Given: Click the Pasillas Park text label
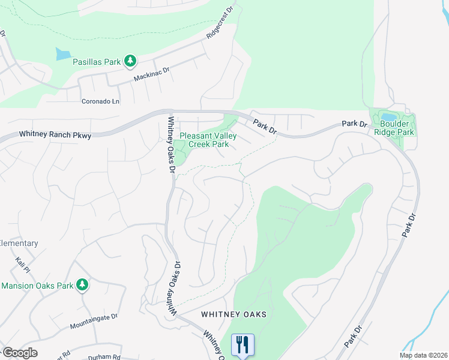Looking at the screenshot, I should (97, 61).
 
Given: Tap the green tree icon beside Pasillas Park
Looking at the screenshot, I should (130, 61).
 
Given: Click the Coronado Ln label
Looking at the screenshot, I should (101, 101).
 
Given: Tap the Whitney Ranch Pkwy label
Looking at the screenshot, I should (55, 136).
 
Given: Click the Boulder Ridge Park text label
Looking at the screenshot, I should (394, 128).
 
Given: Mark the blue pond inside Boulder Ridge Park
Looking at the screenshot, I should (388, 116).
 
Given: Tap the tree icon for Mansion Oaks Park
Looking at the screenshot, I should (82, 285).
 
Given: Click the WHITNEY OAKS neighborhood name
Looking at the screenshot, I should (234, 314).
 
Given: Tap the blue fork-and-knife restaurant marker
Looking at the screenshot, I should (243, 345).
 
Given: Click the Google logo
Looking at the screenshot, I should (19, 353).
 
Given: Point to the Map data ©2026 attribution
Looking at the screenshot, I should (423, 355).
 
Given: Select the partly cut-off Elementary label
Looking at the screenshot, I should (19, 243).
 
